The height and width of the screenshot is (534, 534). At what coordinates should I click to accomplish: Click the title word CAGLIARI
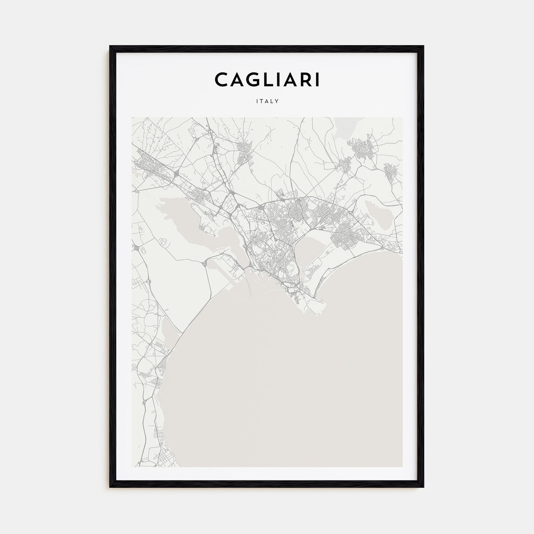(267, 79)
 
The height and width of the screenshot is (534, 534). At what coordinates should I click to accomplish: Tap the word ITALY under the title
(267, 101)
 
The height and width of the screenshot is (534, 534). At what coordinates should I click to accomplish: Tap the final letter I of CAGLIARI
(317, 79)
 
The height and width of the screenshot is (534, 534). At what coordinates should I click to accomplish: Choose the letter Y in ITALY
(278, 101)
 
